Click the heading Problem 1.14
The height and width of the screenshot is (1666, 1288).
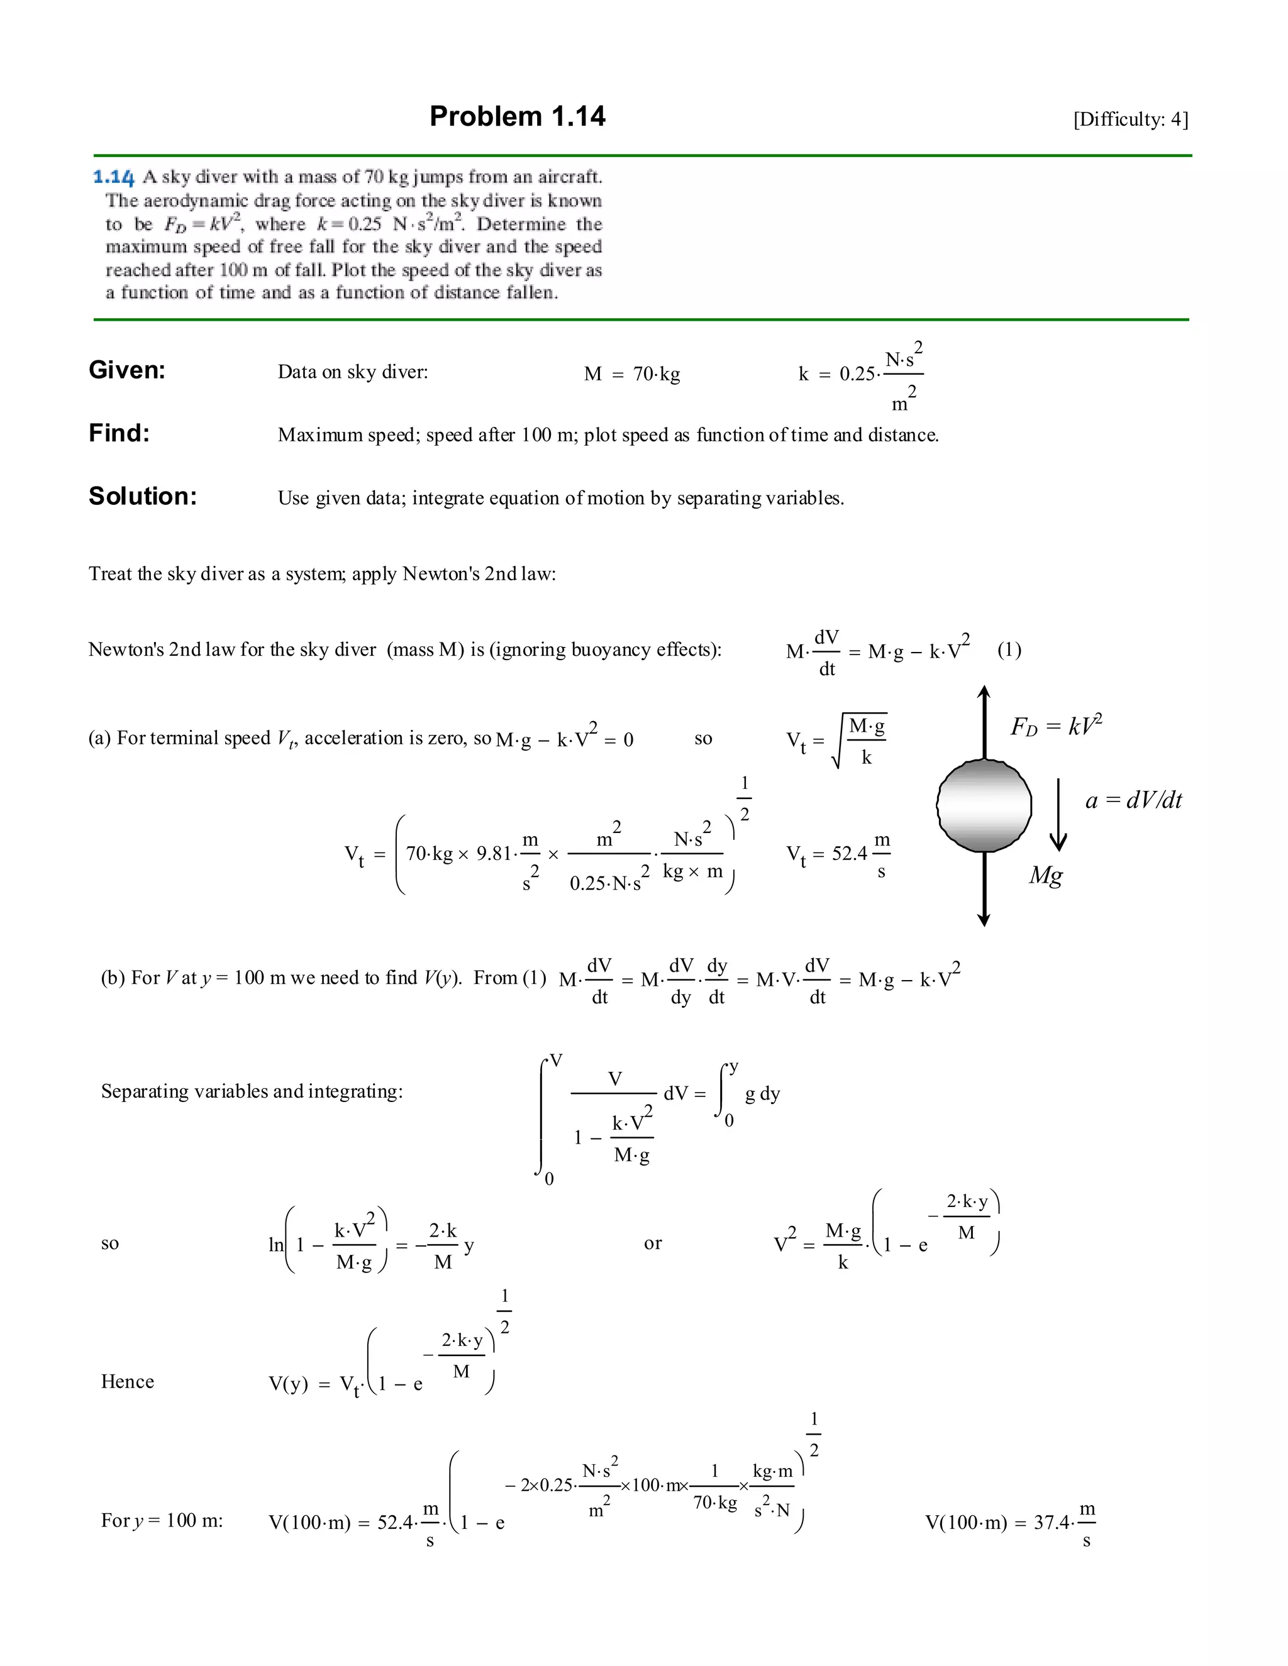click(x=518, y=116)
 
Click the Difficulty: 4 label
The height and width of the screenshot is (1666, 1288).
click(x=1130, y=119)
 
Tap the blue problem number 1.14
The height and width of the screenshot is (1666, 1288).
click(x=114, y=177)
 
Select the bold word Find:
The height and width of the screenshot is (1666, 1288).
click(x=119, y=433)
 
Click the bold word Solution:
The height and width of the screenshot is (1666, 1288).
click(x=143, y=496)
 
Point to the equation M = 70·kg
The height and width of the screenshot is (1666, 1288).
click(x=632, y=374)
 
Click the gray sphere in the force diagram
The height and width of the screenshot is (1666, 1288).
click(x=984, y=805)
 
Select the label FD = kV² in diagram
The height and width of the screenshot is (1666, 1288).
click(x=1056, y=725)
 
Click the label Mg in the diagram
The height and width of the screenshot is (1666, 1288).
click(x=1045, y=874)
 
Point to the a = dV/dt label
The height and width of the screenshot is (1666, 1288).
click(x=1133, y=800)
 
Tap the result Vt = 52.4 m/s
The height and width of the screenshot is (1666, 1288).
click(x=838, y=854)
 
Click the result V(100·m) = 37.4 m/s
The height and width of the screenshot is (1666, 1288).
click(x=1010, y=1523)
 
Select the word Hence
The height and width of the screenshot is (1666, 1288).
click(x=128, y=1381)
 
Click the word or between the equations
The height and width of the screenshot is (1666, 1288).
click(x=652, y=1243)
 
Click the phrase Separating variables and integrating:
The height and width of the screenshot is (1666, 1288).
click(x=252, y=1091)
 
